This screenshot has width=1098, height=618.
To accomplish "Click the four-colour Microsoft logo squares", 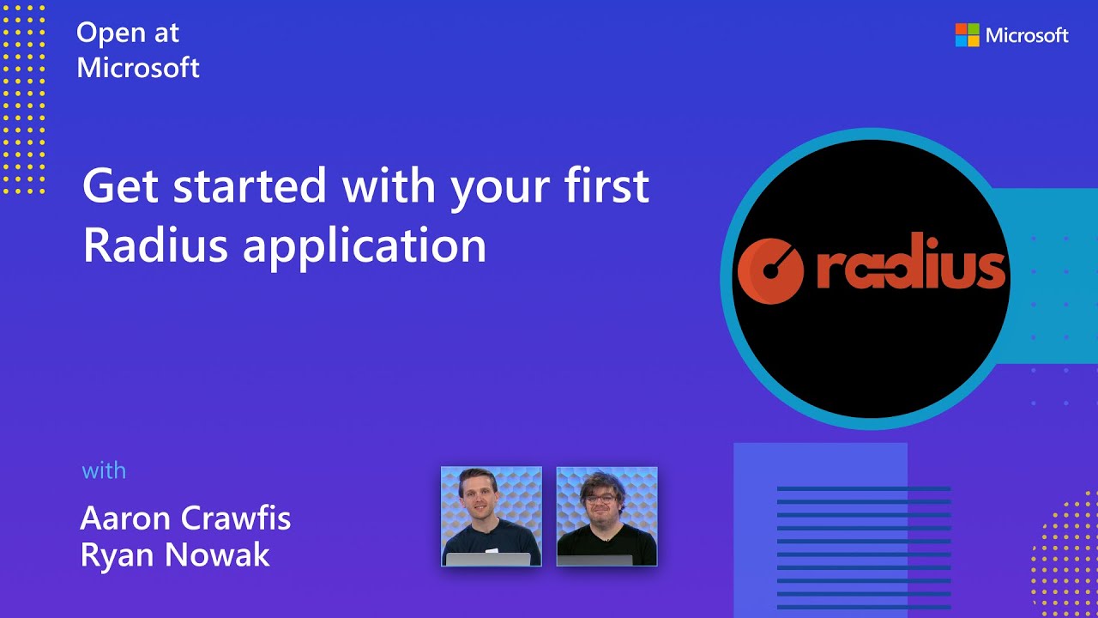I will [x=967, y=35].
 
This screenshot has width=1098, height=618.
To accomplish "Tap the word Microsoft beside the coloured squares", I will [x=1027, y=35].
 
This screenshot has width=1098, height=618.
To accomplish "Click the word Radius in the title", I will [x=154, y=245].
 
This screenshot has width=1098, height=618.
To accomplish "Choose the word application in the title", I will [x=365, y=247].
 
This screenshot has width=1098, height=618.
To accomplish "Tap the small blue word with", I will [x=104, y=470].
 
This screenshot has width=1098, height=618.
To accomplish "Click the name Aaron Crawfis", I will [x=185, y=518].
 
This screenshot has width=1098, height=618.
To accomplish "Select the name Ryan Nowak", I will [x=175, y=555].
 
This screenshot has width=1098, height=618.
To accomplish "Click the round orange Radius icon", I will [x=770, y=271].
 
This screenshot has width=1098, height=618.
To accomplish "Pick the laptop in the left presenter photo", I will [x=488, y=559].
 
